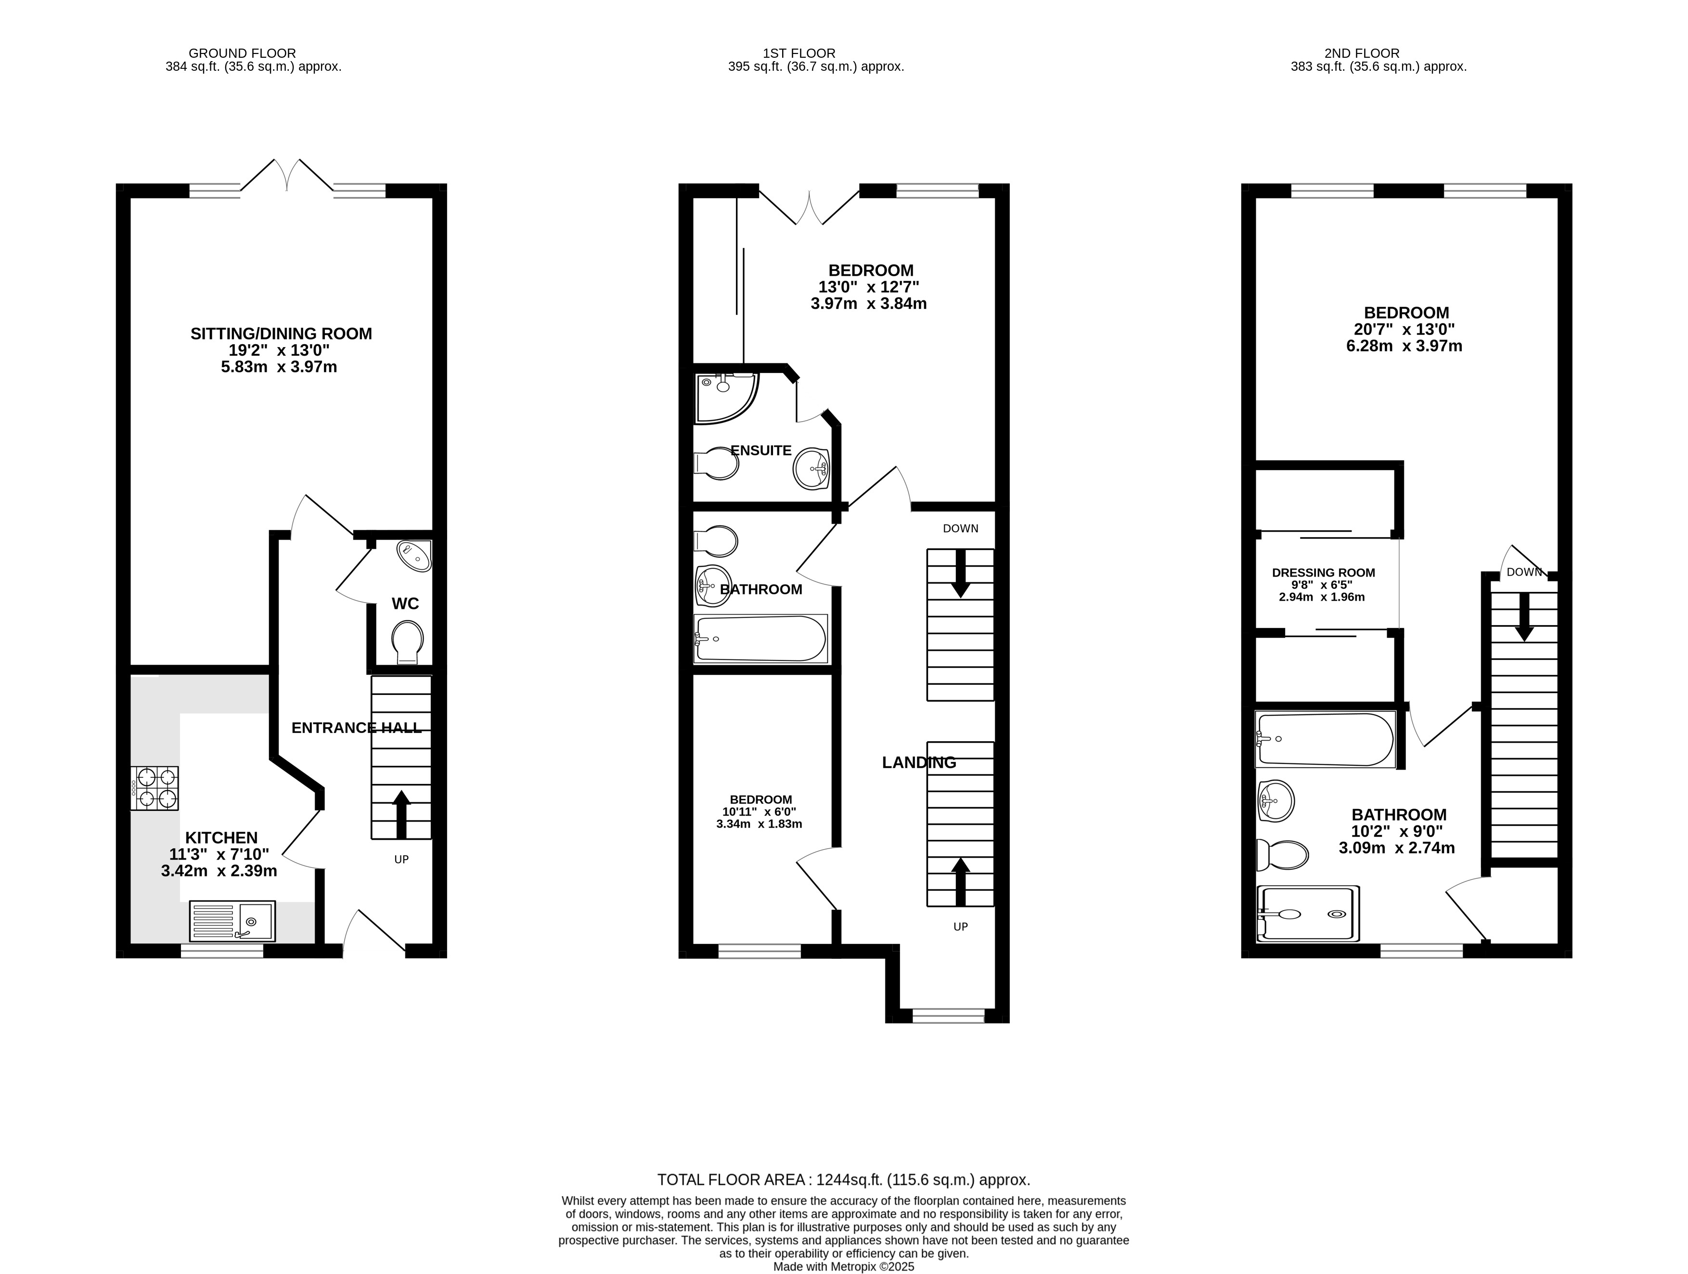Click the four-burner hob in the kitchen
(x=155, y=788)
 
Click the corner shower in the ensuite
(x=723, y=396)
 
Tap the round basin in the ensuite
(x=811, y=468)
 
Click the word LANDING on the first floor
(x=919, y=762)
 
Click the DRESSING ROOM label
(x=1323, y=572)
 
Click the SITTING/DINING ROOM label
(x=281, y=334)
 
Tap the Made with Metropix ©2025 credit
(x=843, y=1266)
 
